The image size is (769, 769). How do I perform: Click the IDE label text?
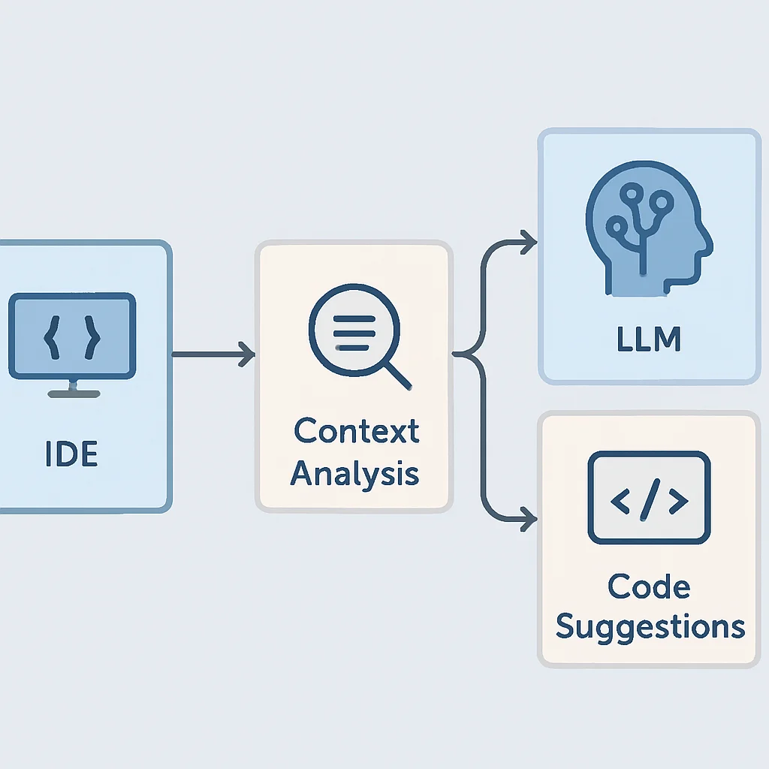click(x=71, y=453)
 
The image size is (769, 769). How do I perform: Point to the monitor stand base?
click(x=74, y=394)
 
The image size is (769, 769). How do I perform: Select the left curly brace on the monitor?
click(x=52, y=337)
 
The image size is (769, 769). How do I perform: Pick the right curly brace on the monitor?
click(x=92, y=337)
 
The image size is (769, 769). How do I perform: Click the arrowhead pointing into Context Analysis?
click(x=247, y=354)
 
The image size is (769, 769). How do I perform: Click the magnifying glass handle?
click(x=397, y=377)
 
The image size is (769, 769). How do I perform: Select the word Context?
click(x=357, y=430)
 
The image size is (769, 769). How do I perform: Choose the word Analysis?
click(x=354, y=473)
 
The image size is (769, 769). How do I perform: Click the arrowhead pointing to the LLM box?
click(x=529, y=242)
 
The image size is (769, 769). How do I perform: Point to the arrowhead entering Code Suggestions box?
click(x=529, y=519)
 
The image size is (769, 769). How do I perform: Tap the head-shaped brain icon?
click(x=648, y=228)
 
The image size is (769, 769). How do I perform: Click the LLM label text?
click(x=648, y=339)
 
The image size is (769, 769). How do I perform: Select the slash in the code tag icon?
click(x=650, y=499)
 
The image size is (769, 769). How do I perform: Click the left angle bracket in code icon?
click(x=620, y=501)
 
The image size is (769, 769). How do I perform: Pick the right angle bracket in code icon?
click(x=679, y=501)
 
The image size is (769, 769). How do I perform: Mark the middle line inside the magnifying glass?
click(x=354, y=333)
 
